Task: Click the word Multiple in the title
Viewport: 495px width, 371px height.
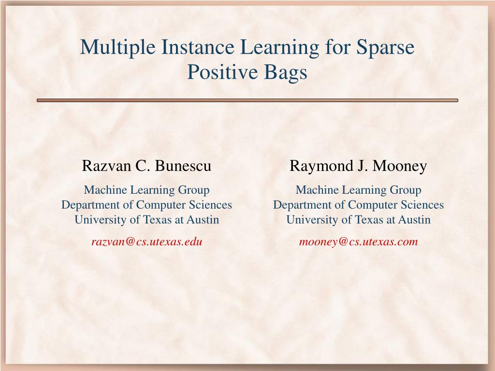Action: click(118, 48)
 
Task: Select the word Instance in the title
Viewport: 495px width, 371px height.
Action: click(198, 47)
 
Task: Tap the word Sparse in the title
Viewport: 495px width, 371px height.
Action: click(385, 48)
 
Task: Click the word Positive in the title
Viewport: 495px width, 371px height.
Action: click(222, 72)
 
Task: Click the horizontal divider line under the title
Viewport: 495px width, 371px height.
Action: click(247, 100)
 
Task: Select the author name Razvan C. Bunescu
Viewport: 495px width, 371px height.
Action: click(146, 166)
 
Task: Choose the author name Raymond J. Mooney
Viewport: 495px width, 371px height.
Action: click(358, 166)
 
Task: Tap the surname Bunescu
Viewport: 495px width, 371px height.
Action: click(183, 166)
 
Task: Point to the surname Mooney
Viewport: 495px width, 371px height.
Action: click(400, 166)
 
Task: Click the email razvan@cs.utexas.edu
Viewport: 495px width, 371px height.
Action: click(147, 242)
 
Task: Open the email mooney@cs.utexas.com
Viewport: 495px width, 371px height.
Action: click(358, 242)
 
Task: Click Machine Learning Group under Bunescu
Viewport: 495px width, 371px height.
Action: click(147, 190)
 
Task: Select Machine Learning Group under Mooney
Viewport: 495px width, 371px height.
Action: click(358, 190)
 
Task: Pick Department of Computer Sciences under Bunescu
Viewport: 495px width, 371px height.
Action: click(146, 205)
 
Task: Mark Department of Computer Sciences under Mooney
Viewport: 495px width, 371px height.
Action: click(358, 205)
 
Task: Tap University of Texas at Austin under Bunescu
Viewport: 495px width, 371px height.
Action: click(147, 220)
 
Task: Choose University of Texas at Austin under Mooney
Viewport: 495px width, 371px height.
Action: click(358, 220)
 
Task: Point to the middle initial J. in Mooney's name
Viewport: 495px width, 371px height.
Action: click(363, 166)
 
